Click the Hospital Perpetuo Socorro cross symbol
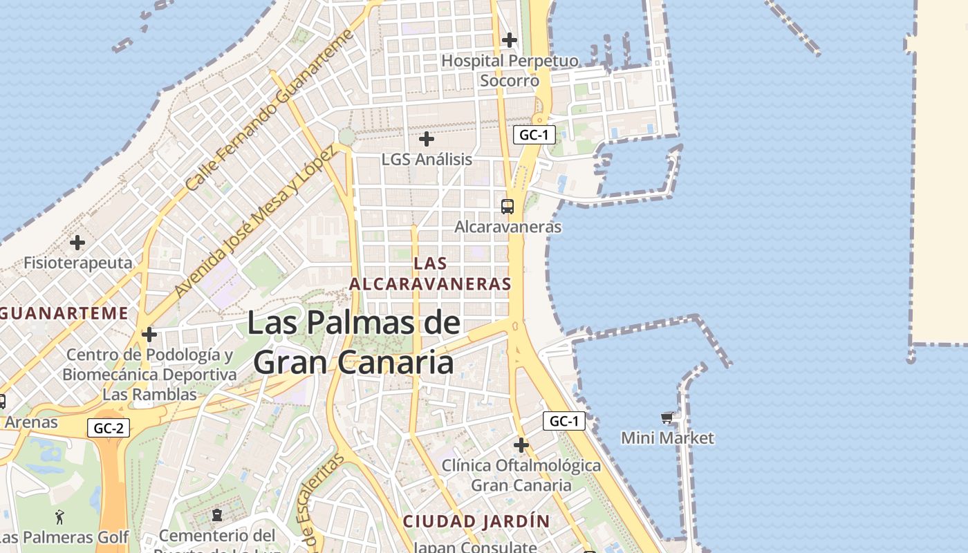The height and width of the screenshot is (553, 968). pos(510,40)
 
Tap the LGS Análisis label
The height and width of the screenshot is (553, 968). pos(427,159)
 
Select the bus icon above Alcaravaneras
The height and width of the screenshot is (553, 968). pos(508,206)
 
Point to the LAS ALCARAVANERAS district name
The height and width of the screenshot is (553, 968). pos(430,274)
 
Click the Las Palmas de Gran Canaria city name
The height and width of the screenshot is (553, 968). pos(353,343)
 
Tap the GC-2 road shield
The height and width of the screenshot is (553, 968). pos(109,429)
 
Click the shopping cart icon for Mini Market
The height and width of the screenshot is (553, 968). pos(667,418)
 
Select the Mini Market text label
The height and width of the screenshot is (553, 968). pos(667,438)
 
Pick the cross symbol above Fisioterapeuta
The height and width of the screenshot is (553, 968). pos(77,243)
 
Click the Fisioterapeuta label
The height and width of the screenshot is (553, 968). pos(77,263)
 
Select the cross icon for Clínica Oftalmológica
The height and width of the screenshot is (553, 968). pos(521,444)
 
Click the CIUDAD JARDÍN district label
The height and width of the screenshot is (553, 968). pos(476,521)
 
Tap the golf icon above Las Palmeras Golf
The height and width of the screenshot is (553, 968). pos(60,516)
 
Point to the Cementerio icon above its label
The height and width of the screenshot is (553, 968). pos(217,514)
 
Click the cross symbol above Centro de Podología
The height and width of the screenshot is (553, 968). pos(149,335)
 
